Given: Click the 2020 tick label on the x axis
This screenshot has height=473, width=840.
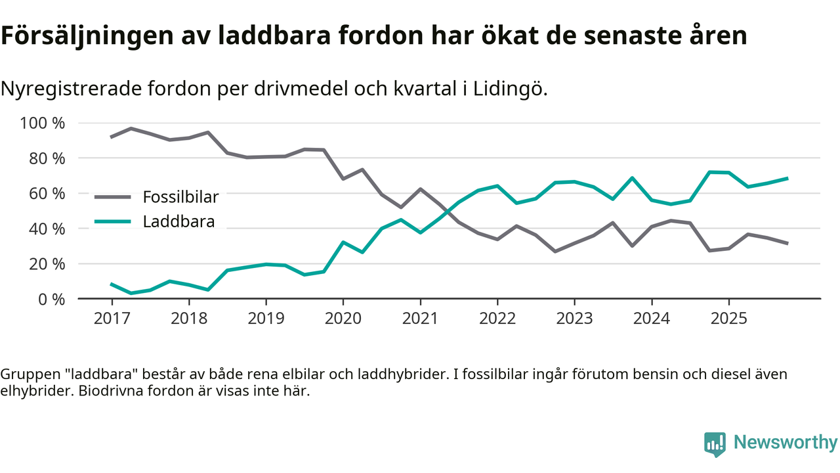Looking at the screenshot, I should tap(343, 319).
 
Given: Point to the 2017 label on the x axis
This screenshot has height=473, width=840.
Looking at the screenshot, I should tap(112, 319).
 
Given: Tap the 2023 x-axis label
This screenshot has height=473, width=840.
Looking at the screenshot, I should tap(574, 319).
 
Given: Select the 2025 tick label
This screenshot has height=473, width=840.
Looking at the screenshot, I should tap(728, 319).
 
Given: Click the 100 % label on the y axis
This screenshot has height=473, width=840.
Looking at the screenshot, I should tap(43, 124).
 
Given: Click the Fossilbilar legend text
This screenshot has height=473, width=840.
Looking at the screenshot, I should tap(180, 196).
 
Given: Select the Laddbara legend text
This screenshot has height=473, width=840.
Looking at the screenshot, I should tap(178, 221).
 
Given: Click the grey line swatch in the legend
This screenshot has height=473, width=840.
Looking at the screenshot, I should tap(113, 196).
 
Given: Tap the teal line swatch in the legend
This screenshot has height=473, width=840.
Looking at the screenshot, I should tap(113, 221).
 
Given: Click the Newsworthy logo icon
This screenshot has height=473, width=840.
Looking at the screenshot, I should tap(715, 443).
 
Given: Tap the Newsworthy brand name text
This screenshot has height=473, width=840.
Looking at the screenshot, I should tap(786, 443).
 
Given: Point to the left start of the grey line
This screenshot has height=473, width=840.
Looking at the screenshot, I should tap(112, 137).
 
